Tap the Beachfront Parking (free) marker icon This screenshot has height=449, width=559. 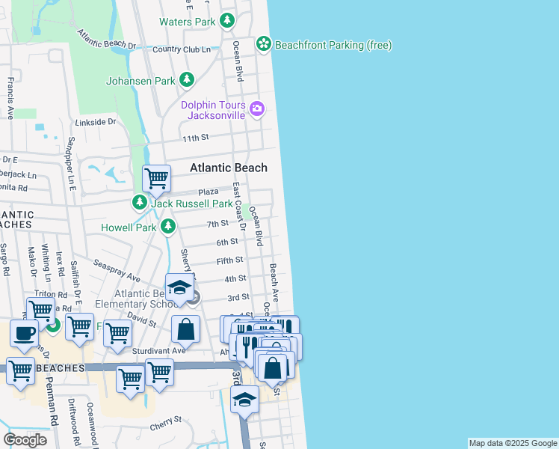263,45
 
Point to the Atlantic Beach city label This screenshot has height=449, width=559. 228,168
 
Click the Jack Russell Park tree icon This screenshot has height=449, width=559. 140,203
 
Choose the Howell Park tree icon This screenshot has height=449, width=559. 169,225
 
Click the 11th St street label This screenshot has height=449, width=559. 195,138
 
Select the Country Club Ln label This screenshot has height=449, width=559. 176,49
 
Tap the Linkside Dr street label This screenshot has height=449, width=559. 96,121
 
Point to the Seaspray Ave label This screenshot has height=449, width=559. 117,271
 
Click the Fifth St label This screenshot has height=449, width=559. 230,260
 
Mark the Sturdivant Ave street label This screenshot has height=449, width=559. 158,350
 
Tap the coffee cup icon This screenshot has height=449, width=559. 23,334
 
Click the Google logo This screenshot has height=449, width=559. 25,440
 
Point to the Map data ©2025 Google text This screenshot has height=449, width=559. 512,443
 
